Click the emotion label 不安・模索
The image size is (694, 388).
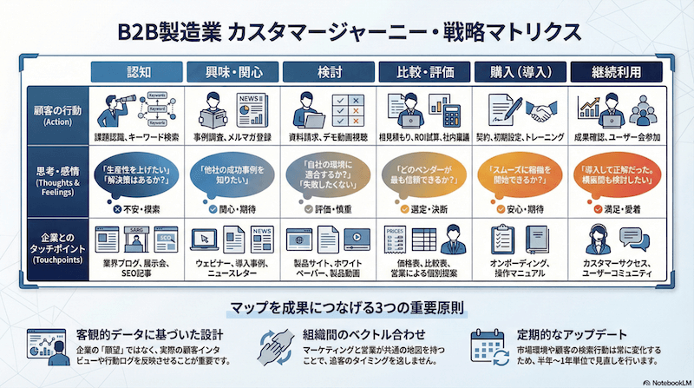[x=139, y=209]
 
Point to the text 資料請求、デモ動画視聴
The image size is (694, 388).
[x=331, y=137]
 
